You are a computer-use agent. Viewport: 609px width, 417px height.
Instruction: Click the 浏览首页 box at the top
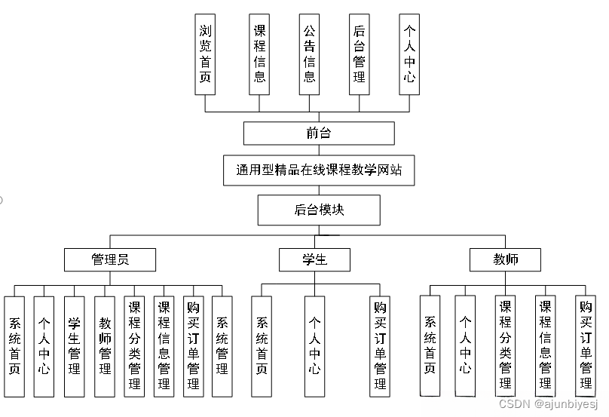point(205,54)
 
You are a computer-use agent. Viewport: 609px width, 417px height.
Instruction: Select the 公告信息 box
point(308,54)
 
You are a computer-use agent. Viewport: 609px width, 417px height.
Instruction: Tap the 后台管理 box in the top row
point(360,54)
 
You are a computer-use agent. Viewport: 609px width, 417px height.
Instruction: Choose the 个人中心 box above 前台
point(409,54)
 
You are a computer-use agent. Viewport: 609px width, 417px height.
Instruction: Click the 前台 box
point(319,133)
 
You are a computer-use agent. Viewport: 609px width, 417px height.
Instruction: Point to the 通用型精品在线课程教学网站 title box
point(319,170)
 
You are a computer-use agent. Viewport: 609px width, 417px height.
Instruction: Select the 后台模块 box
point(319,210)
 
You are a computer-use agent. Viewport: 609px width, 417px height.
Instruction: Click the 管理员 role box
point(110,260)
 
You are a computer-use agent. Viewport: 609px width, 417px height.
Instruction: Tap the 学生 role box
point(314,260)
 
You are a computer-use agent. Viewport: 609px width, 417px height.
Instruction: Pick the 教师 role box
point(505,260)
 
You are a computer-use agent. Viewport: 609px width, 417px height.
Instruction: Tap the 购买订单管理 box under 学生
point(381,346)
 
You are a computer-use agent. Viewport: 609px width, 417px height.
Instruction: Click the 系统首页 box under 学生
point(262,346)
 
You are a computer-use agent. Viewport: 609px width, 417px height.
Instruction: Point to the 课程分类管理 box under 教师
point(505,346)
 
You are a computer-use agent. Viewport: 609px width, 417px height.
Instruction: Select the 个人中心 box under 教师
point(466,346)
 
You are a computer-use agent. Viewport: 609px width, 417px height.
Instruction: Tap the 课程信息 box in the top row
point(259,54)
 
